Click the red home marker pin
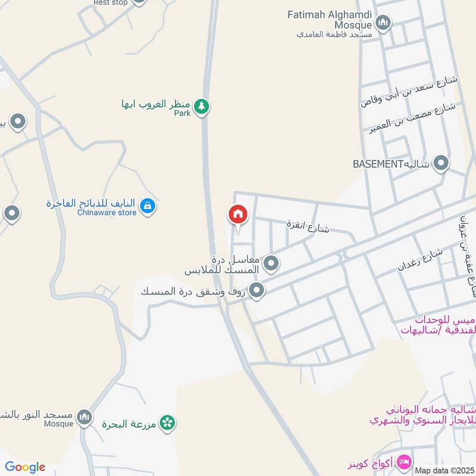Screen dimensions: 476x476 point(237,214)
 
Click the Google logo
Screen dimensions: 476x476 point(25,467)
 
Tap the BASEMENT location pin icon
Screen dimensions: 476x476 point(441,163)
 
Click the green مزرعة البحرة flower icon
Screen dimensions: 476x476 point(168,422)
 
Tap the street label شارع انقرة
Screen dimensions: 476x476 point(308,226)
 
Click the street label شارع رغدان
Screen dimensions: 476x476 point(420,260)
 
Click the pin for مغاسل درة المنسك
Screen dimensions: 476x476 point(271,262)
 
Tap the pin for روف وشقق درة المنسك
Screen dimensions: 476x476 point(257,290)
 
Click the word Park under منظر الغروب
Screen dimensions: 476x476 point(182,113)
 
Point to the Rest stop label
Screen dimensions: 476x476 point(110,2)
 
